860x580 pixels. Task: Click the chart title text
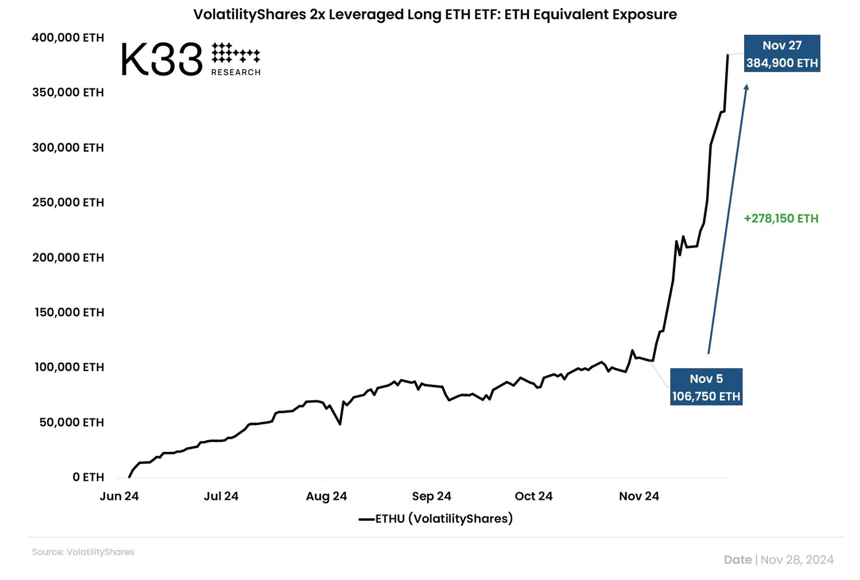pyautogui.click(x=435, y=14)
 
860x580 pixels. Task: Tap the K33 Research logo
pyautogui.click(x=190, y=59)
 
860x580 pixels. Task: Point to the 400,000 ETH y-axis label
pyautogui.click(x=68, y=38)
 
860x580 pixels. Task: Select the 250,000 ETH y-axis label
pyautogui.click(x=68, y=203)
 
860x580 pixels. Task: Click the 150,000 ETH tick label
pyautogui.click(x=69, y=312)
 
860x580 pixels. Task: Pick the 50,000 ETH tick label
pyautogui.click(x=72, y=423)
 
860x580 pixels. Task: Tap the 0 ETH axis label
pyautogui.click(x=88, y=478)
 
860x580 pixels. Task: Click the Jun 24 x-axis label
pyautogui.click(x=119, y=497)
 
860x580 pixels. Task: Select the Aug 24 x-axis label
pyautogui.click(x=326, y=497)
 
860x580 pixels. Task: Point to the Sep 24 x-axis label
pyautogui.click(x=432, y=497)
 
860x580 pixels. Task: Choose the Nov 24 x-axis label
pyautogui.click(x=639, y=497)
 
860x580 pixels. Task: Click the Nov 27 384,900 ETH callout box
pyautogui.click(x=782, y=54)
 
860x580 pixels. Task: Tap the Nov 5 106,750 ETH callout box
pyautogui.click(x=706, y=387)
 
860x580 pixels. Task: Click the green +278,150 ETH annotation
pyautogui.click(x=781, y=219)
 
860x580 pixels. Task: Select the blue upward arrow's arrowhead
pyautogui.click(x=746, y=87)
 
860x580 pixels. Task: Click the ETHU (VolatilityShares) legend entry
pyautogui.click(x=436, y=519)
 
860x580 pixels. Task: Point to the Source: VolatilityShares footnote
pyautogui.click(x=83, y=552)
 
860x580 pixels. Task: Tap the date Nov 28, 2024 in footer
pyautogui.click(x=797, y=560)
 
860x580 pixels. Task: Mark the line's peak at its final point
pyautogui.click(x=728, y=55)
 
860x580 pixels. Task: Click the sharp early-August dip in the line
pyautogui.click(x=340, y=424)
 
